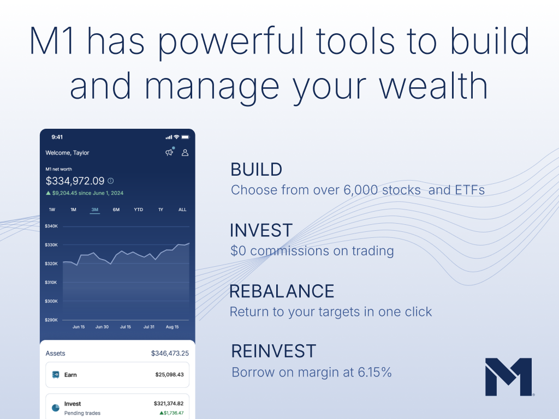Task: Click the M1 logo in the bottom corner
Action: [x=509, y=377]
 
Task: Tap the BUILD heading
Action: [x=257, y=170]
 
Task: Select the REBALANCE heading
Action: [x=282, y=291]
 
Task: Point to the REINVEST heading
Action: [x=274, y=351]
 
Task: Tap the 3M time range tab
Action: [x=94, y=209]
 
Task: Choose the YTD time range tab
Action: [x=138, y=209]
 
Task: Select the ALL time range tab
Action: [x=182, y=209]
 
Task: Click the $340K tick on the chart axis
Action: [x=51, y=226]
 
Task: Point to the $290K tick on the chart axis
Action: [x=51, y=320]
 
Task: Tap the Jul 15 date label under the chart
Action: [x=126, y=327]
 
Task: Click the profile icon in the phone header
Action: [x=185, y=153]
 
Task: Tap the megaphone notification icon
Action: [x=170, y=152]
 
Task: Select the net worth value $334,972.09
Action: [x=75, y=181]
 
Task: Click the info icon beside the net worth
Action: [x=110, y=181]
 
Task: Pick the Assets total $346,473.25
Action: [x=170, y=354]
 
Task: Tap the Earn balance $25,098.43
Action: [x=169, y=375]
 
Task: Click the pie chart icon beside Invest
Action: [x=56, y=408]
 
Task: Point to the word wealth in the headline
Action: [x=433, y=86]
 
